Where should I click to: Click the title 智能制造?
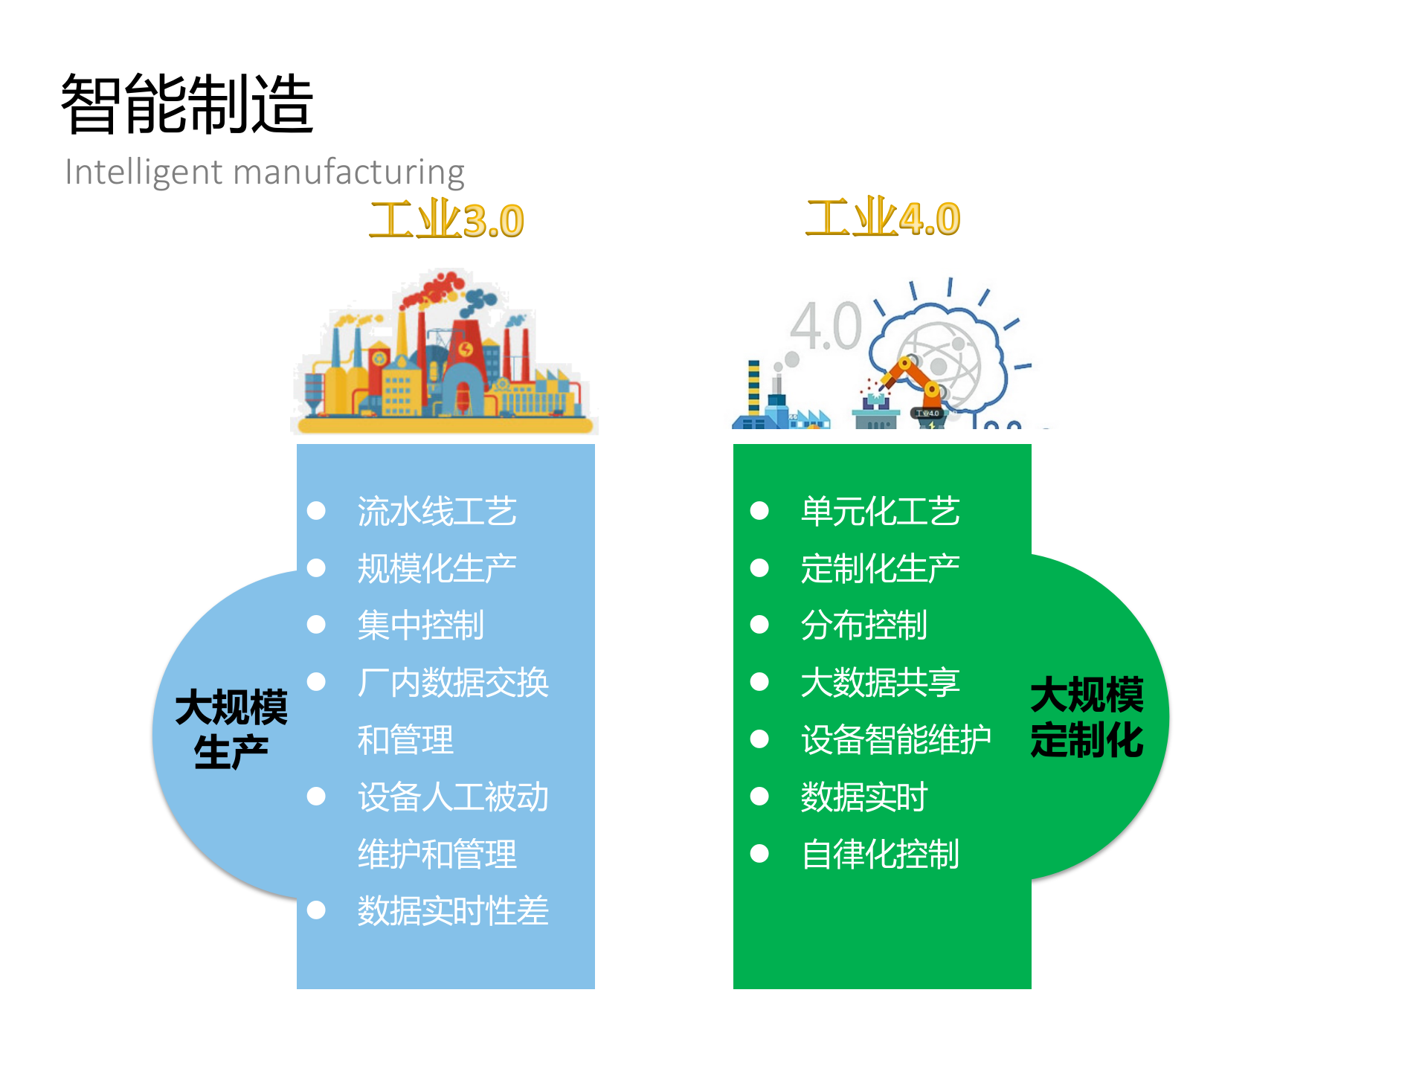tap(187, 104)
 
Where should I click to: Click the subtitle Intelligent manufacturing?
tap(264, 172)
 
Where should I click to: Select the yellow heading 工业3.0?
tap(446, 221)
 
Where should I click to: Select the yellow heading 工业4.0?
tap(883, 219)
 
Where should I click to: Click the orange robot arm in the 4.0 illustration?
tap(912, 376)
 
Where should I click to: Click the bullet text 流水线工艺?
tap(437, 512)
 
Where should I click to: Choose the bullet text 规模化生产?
tap(437, 569)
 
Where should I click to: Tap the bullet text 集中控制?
tap(420, 625)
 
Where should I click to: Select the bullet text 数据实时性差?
tap(452, 911)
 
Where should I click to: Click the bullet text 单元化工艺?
tap(880, 512)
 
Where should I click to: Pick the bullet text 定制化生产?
tap(880, 569)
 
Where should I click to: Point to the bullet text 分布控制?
tap(863, 625)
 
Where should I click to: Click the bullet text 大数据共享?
tap(880, 683)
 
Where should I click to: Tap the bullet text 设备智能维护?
tap(895, 740)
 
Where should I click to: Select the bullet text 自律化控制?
tap(880, 855)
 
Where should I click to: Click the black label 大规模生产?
tap(231, 729)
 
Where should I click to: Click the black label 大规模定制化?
tap(1087, 717)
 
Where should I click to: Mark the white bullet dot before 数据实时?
tap(759, 797)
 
